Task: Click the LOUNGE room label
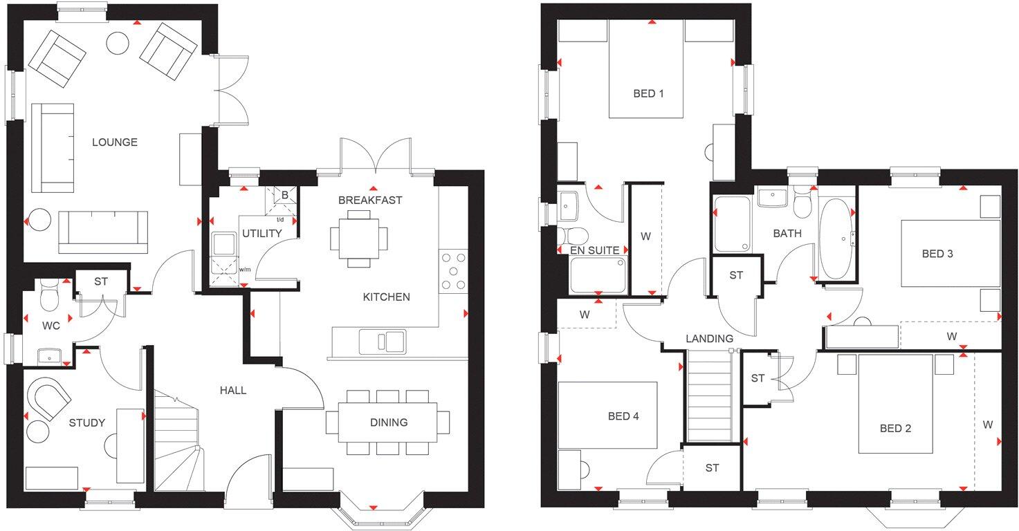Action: [115, 142]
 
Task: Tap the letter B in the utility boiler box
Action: [284, 195]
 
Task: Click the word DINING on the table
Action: [389, 422]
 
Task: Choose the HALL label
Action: [233, 390]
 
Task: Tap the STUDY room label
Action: [86, 422]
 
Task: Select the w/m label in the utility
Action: [244, 270]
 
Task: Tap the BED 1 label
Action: [648, 93]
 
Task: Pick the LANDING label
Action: [709, 339]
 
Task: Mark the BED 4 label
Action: [623, 416]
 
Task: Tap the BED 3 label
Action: [937, 254]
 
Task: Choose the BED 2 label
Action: [895, 429]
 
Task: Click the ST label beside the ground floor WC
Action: [101, 281]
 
